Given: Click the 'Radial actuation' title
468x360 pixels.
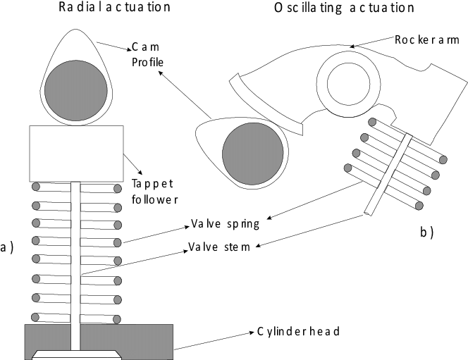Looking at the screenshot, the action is coord(114,7).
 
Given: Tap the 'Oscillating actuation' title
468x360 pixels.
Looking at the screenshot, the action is coord(344,8).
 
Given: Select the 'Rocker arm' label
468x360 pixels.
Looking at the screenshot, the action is coord(427,39).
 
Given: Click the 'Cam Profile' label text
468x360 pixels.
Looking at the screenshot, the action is coord(147,54).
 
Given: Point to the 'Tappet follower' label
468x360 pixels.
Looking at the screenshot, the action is coord(154,192).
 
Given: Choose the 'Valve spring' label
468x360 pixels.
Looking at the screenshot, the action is coord(225,224).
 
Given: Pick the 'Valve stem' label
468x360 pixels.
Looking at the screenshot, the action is coord(219,247).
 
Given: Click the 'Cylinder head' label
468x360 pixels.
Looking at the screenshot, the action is coord(298,331).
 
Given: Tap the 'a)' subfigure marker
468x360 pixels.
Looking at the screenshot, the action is coord(6,247).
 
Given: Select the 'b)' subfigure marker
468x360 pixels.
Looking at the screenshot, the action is coord(427,232).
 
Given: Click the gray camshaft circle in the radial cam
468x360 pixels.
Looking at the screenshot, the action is coord(76,90).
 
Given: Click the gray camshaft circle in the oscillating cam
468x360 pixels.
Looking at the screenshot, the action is coord(253,154).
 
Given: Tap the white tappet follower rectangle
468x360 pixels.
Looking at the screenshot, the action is coord(76,154).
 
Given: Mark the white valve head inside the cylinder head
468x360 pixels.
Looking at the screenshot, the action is coord(77,355).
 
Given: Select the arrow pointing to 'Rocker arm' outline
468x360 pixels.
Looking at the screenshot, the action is coord(372,42).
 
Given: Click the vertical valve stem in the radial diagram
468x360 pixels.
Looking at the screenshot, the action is coord(75,266).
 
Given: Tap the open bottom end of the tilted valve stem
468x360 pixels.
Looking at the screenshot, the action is coord(367,213).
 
